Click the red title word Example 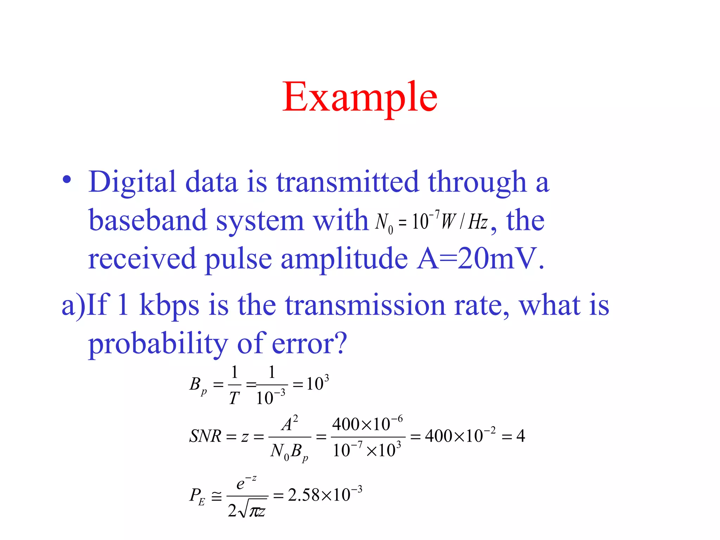pos(360,97)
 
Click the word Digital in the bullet pos(132,182)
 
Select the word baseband pos(147,221)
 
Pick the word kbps pos(169,305)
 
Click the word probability pos(158,343)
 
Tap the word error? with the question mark pos(309,343)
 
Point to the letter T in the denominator pos(234,398)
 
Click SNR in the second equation pos(205,436)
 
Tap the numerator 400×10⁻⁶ pos(367,424)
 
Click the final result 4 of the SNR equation pos(520,436)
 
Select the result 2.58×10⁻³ pos(324,495)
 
